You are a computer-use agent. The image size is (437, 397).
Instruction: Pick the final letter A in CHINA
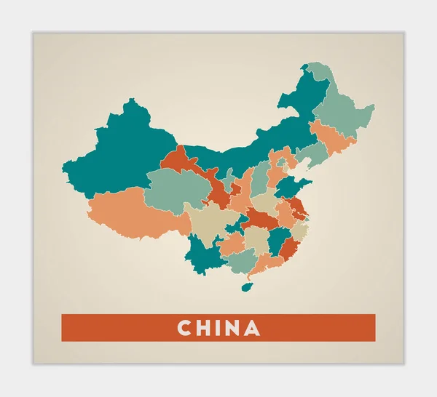click(x=252, y=328)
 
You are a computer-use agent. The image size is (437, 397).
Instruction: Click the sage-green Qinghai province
click(x=175, y=189)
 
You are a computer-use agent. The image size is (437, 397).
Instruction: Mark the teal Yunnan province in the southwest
click(x=204, y=254)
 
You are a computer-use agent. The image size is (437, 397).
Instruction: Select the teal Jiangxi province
click(x=277, y=241)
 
